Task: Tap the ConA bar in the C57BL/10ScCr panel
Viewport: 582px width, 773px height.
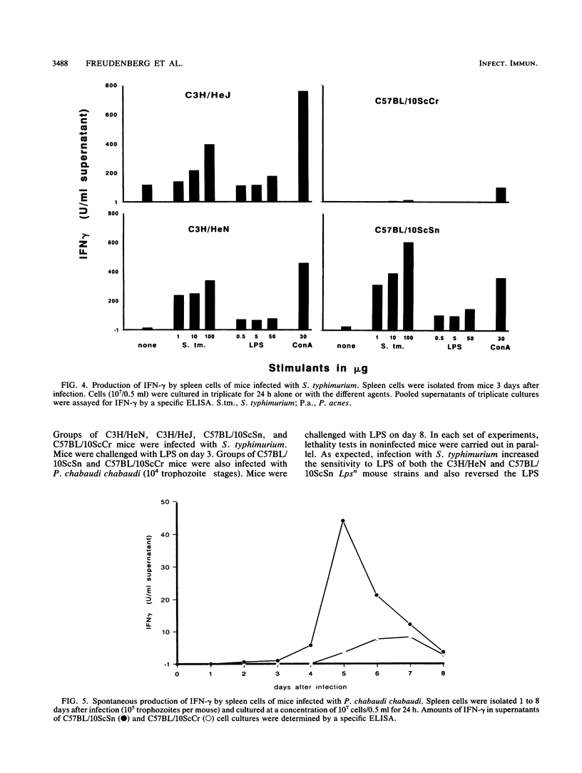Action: point(500,195)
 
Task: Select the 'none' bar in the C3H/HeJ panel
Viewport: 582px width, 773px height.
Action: point(147,193)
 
